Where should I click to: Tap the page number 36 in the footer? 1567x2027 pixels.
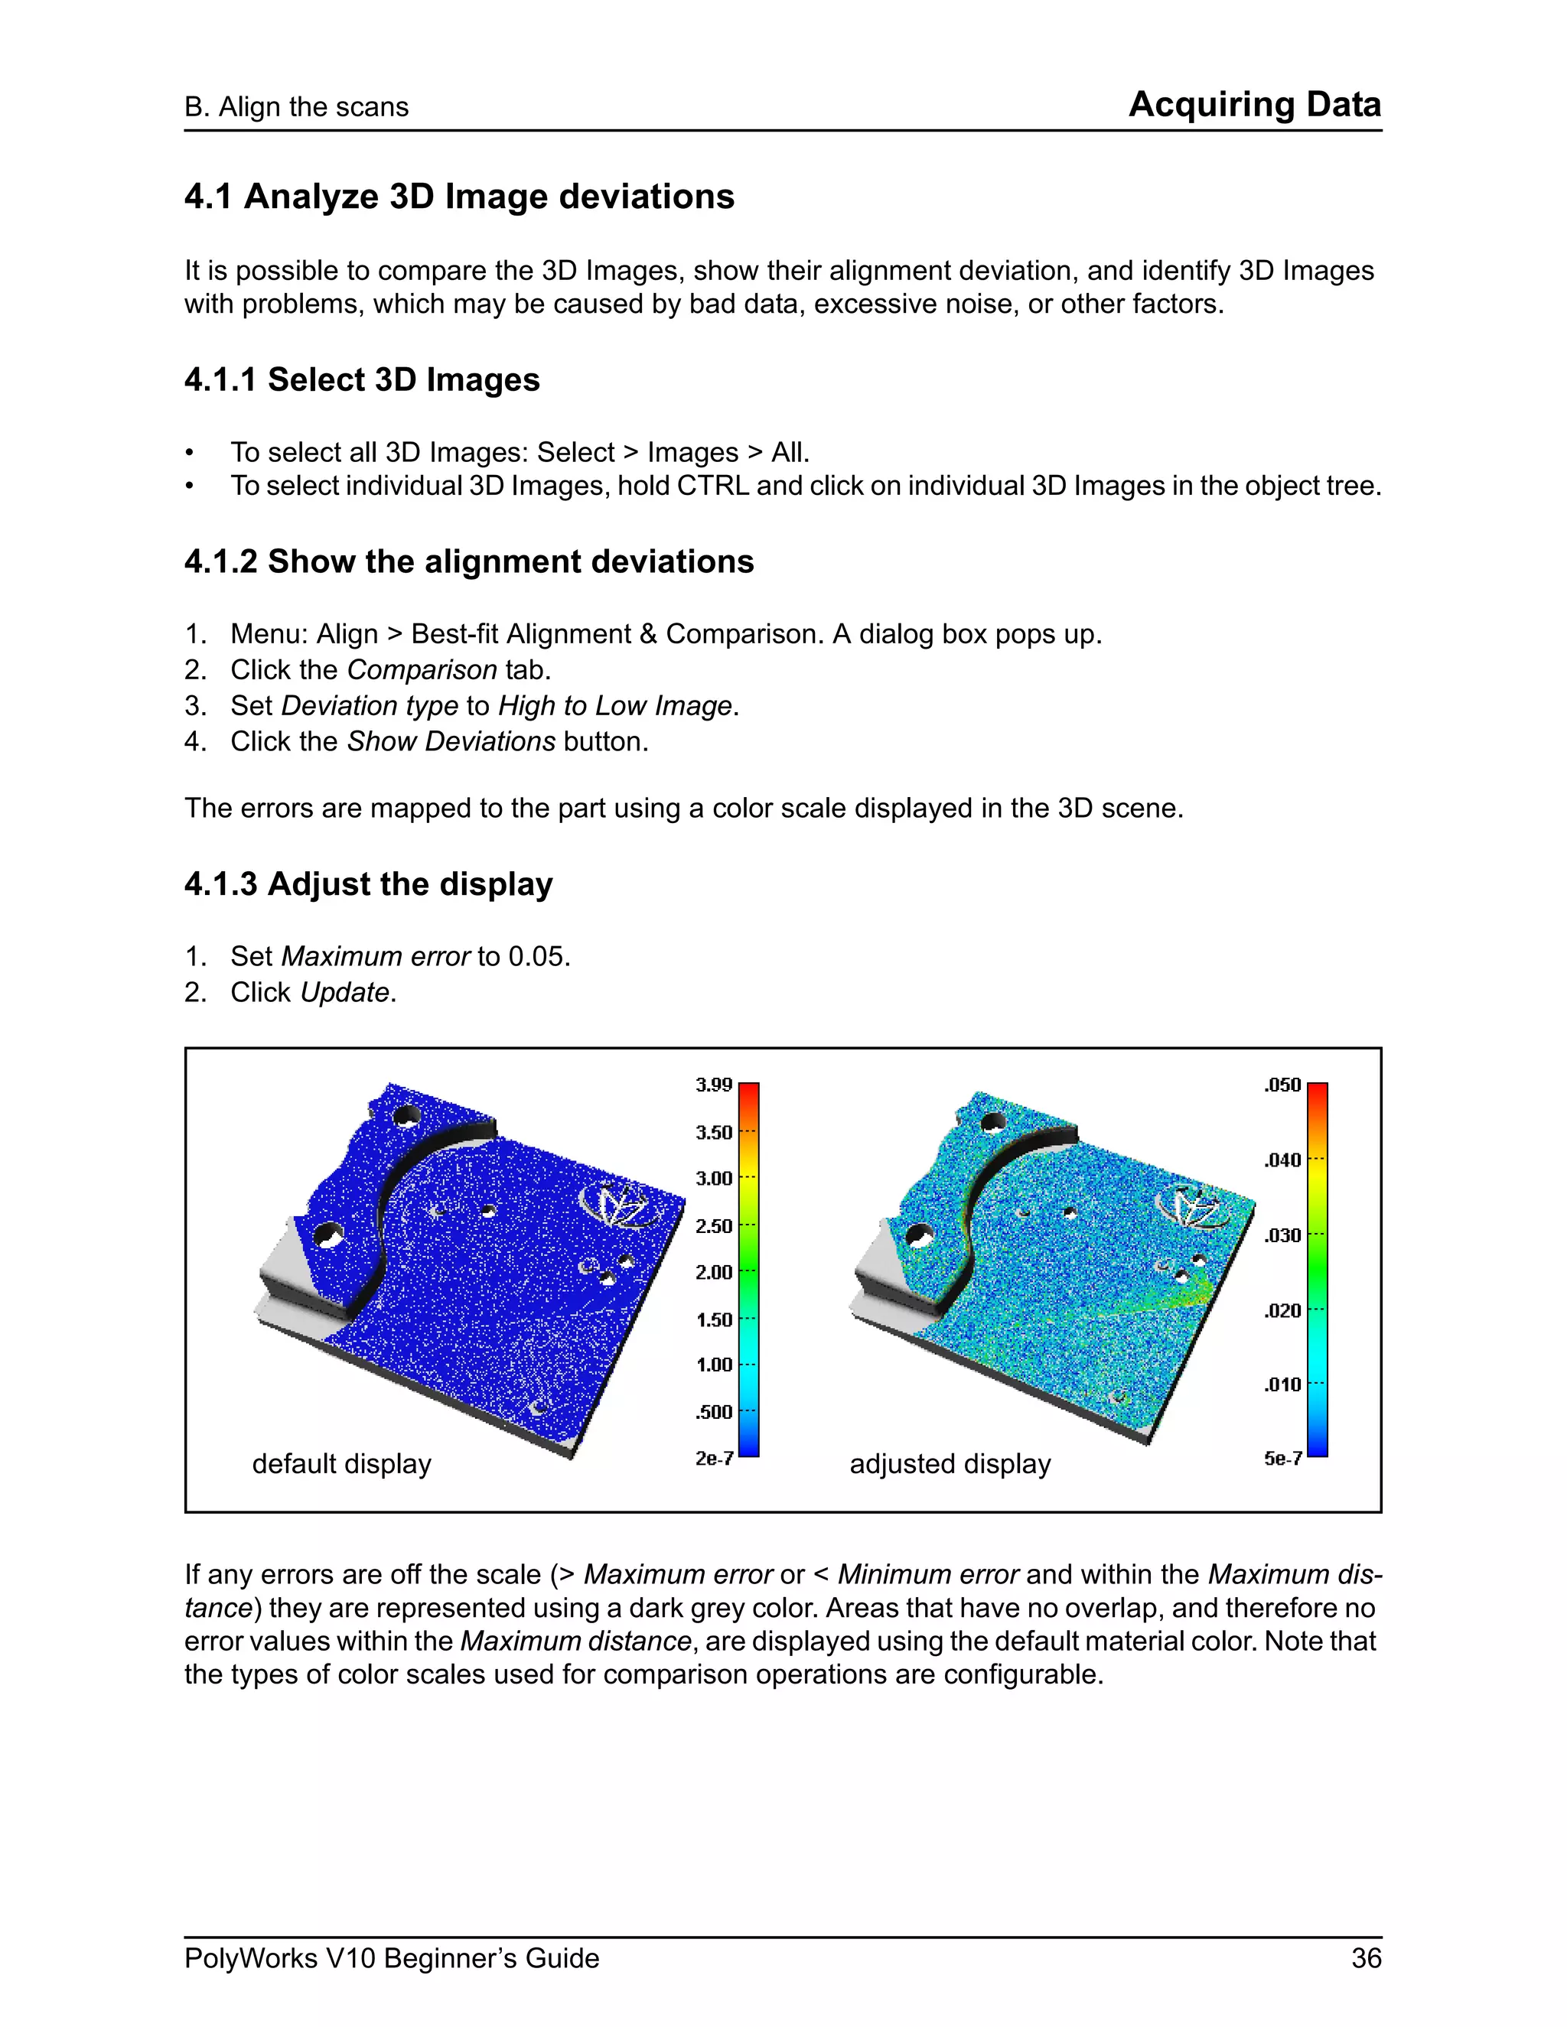tap(1366, 1958)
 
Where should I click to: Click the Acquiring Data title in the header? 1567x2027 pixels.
tap(1254, 104)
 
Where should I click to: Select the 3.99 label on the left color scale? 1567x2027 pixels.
tap(713, 1085)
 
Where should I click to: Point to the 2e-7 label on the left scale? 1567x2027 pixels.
tap(714, 1458)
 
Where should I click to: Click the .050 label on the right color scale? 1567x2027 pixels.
tap(1282, 1085)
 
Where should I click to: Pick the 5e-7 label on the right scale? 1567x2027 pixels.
tap(1282, 1458)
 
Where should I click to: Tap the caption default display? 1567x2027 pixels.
tap(341, 1463)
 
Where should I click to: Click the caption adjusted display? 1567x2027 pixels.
tap(950, 1463)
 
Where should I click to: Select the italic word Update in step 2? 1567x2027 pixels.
tap(344, 992)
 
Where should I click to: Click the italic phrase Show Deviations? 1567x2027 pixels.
tap(451, 741)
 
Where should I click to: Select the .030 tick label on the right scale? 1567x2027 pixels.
tap(1282, 1235)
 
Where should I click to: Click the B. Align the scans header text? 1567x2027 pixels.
tap(296, 107)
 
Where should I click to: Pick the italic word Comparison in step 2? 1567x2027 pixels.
tap(422, 670)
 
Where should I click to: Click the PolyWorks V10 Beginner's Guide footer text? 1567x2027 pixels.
tap(391, 1958)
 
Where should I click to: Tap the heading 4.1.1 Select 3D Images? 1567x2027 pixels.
tap(361, 379)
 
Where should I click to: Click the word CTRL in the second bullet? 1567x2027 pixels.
tap(712, 486)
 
